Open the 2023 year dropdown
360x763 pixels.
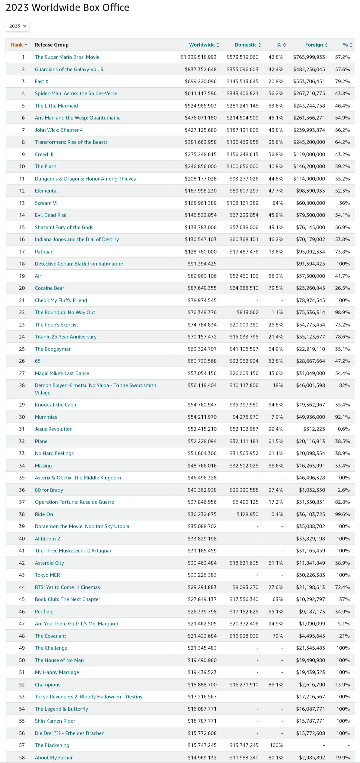(17, 26)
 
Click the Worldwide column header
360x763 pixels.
(202, 45)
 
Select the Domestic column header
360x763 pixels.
(246, 45)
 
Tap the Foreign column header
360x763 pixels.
(314, 45)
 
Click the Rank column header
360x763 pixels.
(17, 45)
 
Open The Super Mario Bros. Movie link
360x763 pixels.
(67, 57)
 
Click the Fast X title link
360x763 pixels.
(42, 81)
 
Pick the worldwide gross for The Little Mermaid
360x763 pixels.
(201, 106)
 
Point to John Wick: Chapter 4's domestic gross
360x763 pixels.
(242, 130)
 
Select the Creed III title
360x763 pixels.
(44, 154)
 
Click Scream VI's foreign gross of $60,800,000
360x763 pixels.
(310, 203)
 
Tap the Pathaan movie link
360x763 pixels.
(44, 252)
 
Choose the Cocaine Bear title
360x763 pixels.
(49, 288)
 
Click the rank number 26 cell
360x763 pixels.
(22, 361)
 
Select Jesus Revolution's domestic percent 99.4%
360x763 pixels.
(276, 429)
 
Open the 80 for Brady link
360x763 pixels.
(49, 490)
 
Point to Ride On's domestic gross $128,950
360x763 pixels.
(247, 514)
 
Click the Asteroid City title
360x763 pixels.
(49, 563)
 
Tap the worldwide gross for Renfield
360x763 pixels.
(202, 612)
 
